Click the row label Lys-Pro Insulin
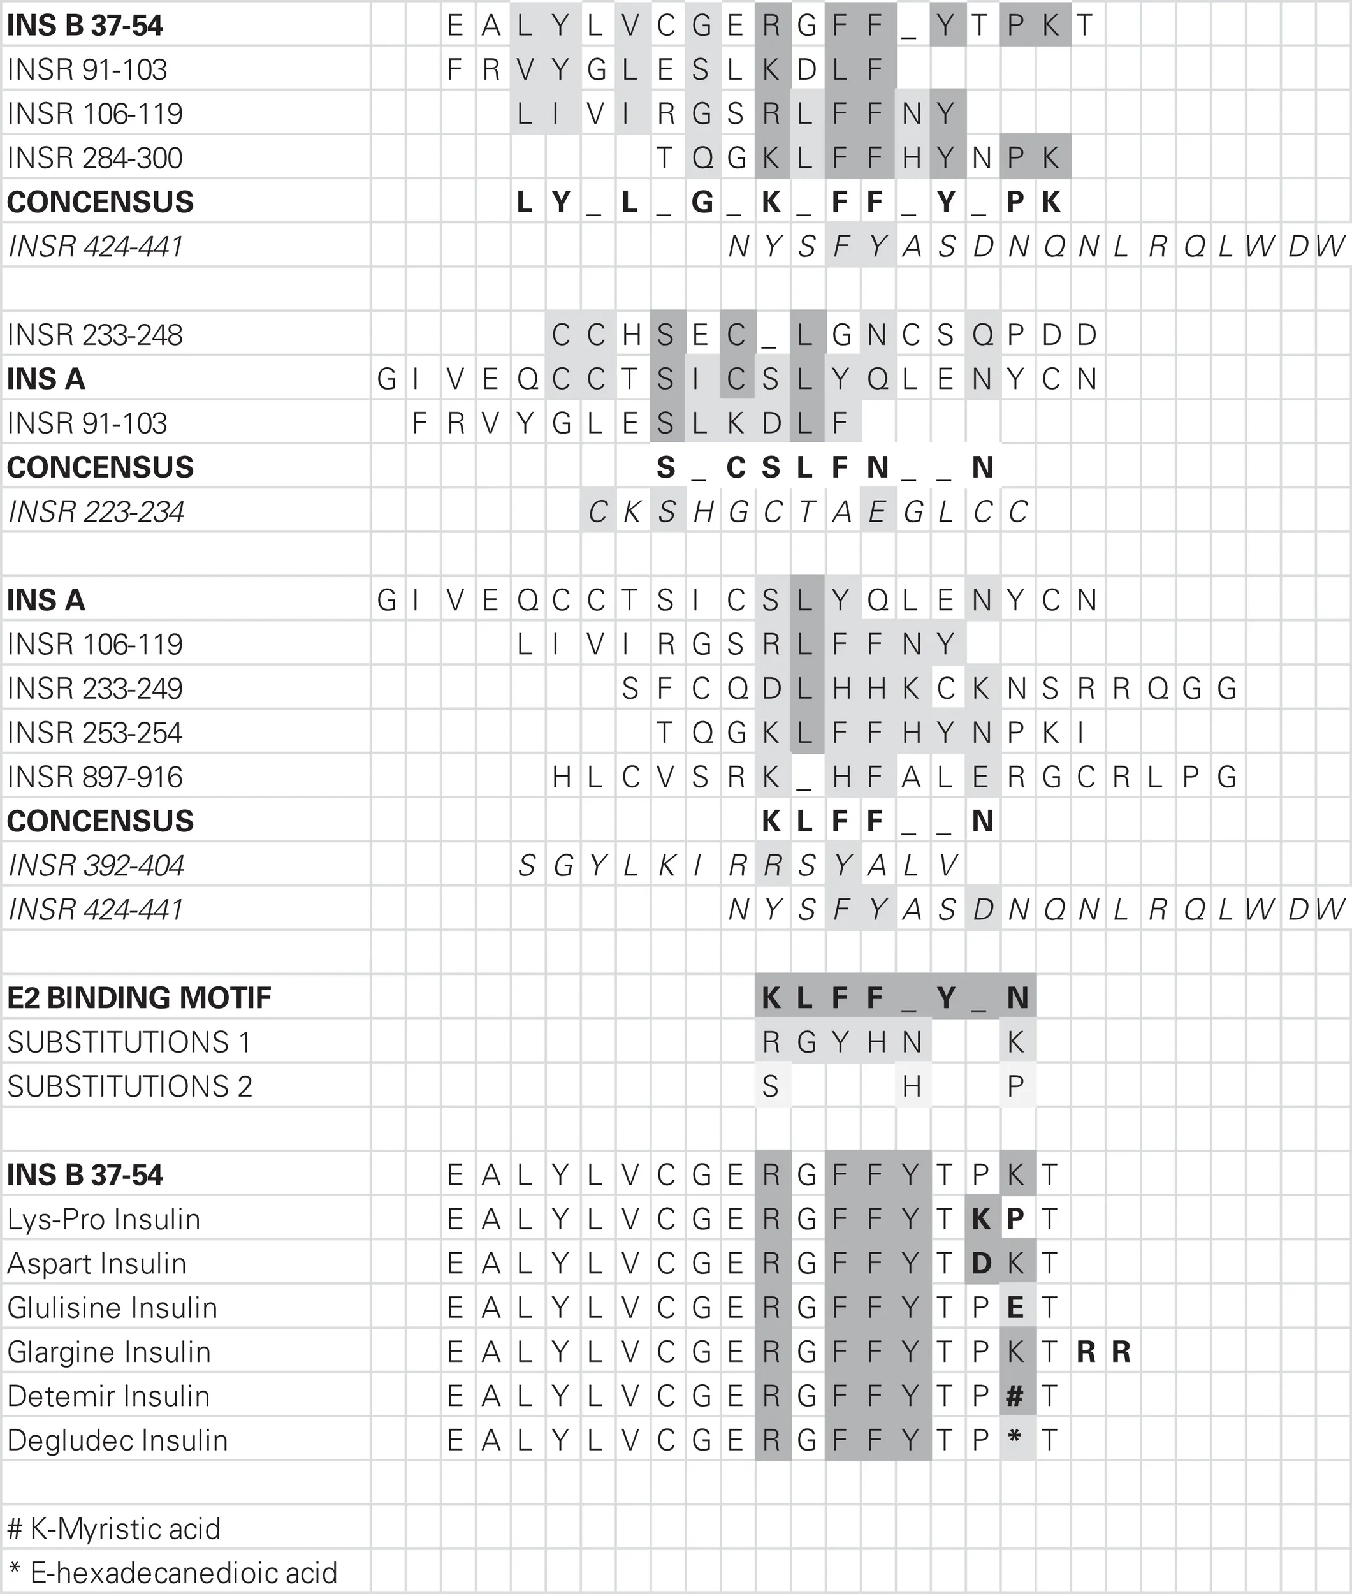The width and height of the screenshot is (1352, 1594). click(103, 1219)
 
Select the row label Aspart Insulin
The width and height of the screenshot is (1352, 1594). click(97, 1264)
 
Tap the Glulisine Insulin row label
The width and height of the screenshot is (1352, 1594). click(112, 1308)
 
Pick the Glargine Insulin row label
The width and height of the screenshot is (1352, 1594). click(109, 1352)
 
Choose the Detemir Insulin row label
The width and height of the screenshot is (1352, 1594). click(108, 1396)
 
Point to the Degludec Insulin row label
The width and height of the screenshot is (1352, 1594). click(117, 1440)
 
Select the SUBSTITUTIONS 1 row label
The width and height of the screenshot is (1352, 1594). click(129, 1042)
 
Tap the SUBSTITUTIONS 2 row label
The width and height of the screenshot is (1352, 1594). click(129, 1086)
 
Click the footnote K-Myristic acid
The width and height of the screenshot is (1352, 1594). click(113, 1529)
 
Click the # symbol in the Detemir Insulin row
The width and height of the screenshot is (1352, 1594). click(1015, 1396)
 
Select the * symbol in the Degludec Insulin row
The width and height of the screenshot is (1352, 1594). click(1015, 1438)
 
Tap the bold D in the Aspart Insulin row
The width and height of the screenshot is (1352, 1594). click(981, 1264)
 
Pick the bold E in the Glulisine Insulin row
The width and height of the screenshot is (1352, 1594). click(1015, 1308)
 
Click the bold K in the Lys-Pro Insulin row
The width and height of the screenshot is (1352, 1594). click(981, 1219)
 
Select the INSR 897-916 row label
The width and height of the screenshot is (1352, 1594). click(95, 777)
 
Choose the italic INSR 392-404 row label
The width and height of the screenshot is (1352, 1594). click(96, 866)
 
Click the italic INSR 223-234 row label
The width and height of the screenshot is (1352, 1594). click(96, 512)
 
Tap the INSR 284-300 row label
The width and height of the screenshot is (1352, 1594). click(95, 158)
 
